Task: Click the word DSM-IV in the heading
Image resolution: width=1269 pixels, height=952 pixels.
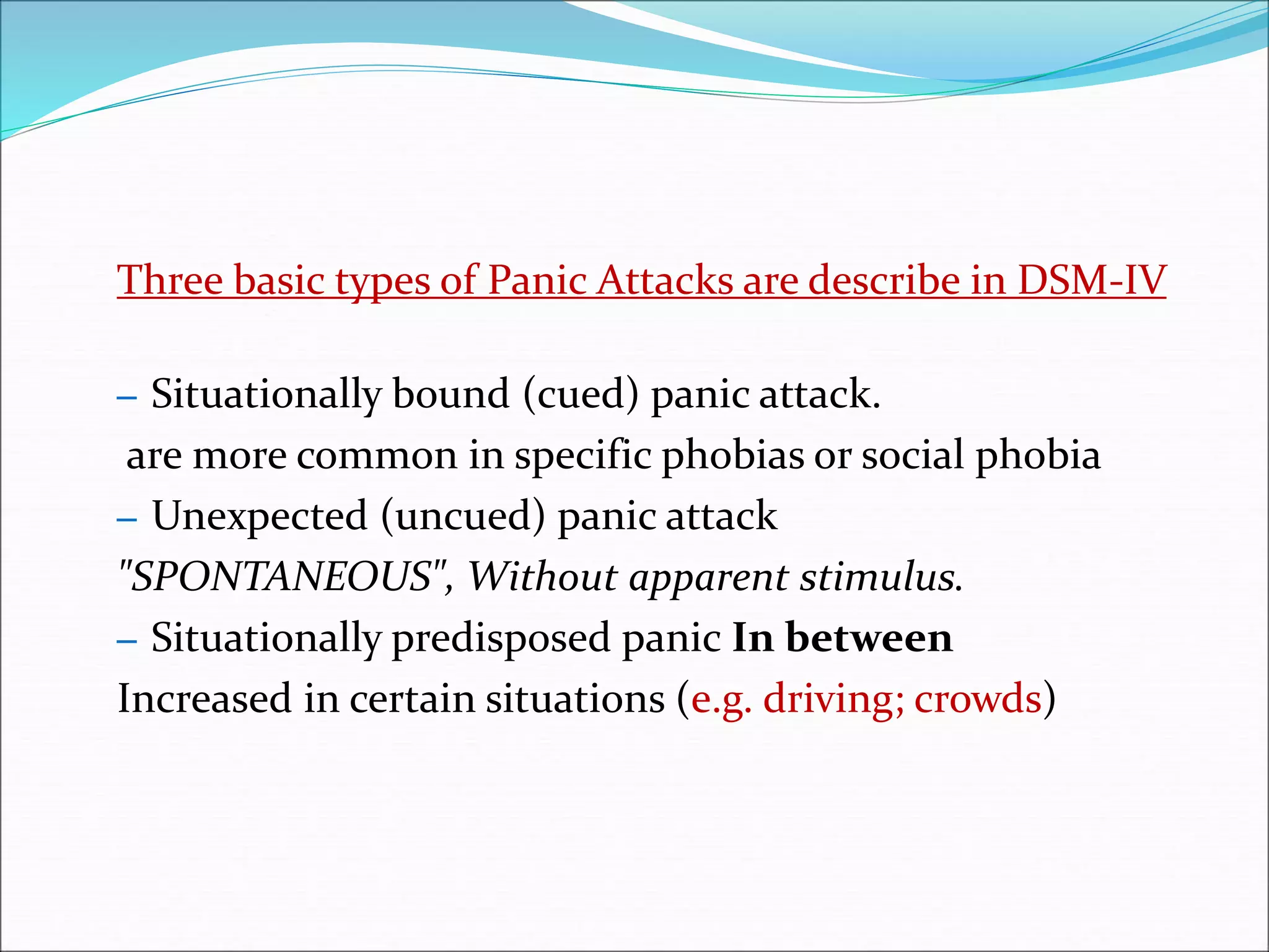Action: click(x=1092, y=280)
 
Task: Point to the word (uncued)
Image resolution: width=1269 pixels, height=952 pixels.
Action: click(x=463, y=516)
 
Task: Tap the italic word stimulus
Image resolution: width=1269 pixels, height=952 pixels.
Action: click(x=880, y=576)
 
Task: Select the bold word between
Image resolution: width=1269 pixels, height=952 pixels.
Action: click(x=869, y=637)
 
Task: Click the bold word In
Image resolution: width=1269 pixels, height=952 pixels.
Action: click(x=753, y=637)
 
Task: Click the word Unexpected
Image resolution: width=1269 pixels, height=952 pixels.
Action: click(x=260, y=516)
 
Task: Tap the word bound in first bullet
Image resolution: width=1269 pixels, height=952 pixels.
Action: click(x=450, y=395)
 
